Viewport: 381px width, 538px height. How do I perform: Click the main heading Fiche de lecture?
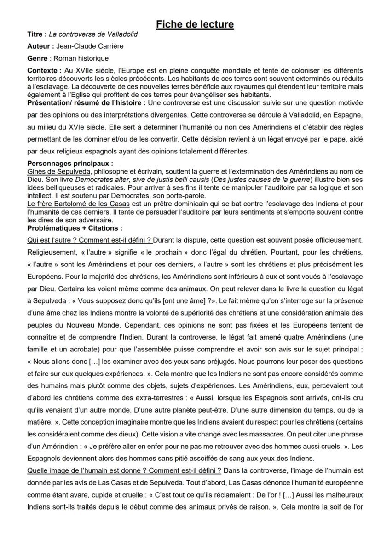click(195, 24)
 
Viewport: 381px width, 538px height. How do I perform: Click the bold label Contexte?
click(43, 70)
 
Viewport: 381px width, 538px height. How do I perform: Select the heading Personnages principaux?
click(70, 163)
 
